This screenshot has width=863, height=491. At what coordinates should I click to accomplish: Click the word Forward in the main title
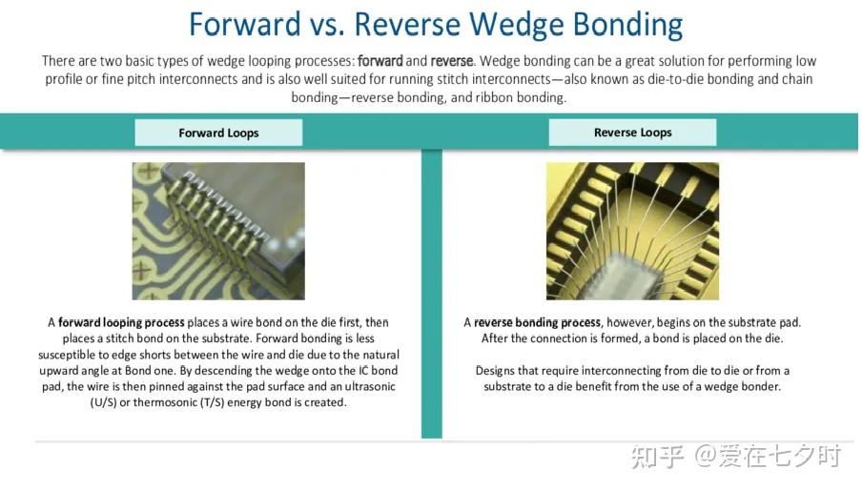pyautogui.click(x=245, y=25)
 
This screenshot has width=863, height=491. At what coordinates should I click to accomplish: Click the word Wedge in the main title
pyautogui.click(x=517, y=25)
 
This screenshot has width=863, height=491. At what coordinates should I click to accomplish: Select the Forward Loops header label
pyautogui.click(x=218, y=133)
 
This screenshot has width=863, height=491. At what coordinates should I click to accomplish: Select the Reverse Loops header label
pyautogui.click(x=632, y=133)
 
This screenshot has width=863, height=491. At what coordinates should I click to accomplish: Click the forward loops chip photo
pyautogui.click(x=218, y=231)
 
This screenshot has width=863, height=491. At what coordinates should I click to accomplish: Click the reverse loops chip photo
pyautogui.click(x=632, y=231)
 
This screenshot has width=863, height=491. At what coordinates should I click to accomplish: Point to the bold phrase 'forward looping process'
pyautogui.click(x=121, y=322)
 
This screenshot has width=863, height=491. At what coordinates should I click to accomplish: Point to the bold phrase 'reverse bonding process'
pyautogui.click(x=537, y=322)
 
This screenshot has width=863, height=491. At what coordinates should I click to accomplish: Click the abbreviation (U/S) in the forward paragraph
pyautogui.click(x=104, y=402)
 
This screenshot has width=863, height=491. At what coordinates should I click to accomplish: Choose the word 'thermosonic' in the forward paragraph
pyautogui.click(x=163, y=402)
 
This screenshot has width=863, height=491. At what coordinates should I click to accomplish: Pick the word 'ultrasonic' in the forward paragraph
pyautogui.click(x=370, y=386)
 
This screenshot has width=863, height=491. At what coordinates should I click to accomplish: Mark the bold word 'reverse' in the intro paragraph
pyautogui.click(x=451, y=61)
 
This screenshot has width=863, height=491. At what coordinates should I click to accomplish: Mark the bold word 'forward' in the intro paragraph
pyautogui.click(x=380, y=61)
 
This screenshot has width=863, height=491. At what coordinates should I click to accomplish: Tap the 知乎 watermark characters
pyautogui.click(x=658, y=457)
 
